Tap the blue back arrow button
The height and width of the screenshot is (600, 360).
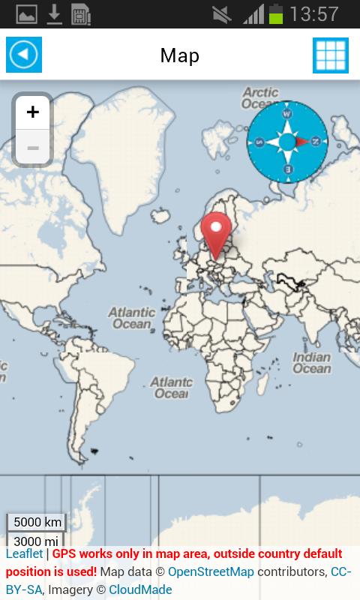[x=24, y=55]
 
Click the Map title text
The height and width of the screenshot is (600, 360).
[x=180, y=55]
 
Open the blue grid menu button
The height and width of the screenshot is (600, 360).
[x=331, y=55]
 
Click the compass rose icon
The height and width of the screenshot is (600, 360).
[x=287, y=141]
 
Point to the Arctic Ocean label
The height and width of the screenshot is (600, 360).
[x=259, y=97]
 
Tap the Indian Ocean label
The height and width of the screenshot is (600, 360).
[x=311, y=363]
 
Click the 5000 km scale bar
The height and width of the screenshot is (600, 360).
[x=37, y=522]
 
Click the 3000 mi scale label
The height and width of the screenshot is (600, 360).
[x=35, y=541]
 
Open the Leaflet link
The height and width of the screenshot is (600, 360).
[x=25, y=554]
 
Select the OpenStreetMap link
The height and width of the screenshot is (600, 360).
[x=211, y=572]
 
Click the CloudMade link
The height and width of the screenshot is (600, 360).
[x=140, y=589]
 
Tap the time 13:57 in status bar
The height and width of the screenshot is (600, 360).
[x=314, y=13]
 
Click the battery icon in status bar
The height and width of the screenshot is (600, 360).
[x=276, y=13]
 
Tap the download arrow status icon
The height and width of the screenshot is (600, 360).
[x=54, y=13]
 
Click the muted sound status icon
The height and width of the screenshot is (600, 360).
[x=222, y=13]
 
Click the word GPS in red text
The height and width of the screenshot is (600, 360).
[x=64, y=554]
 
